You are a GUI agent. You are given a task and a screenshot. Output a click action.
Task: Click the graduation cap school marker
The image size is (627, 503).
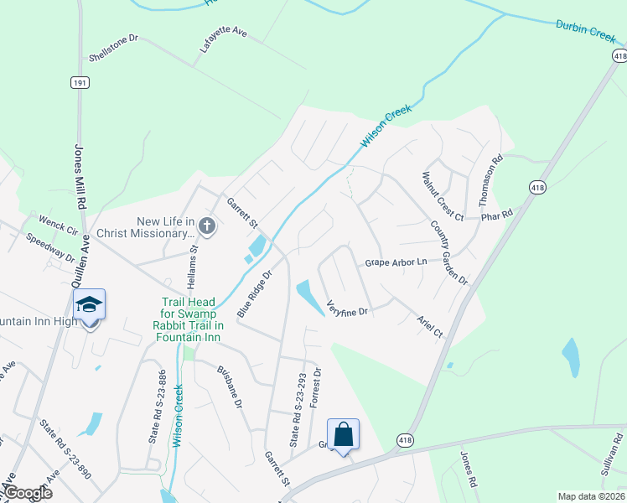point(90,305)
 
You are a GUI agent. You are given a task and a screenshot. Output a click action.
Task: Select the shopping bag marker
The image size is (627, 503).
point(343,434)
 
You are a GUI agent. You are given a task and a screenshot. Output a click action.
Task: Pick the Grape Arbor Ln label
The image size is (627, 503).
point(396,262)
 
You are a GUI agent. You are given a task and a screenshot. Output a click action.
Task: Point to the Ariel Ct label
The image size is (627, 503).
point(429,326)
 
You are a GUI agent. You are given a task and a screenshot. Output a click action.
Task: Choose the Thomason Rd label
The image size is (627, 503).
point(490,181)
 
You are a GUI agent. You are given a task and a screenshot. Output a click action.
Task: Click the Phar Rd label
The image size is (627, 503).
point(495,215)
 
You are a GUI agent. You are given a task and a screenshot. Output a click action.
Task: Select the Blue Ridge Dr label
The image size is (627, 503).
point(255,293)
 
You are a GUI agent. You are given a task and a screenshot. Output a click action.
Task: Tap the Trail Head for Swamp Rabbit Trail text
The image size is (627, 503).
point(193,319)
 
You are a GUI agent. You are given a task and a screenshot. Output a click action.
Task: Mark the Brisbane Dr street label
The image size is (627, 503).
point(230,386)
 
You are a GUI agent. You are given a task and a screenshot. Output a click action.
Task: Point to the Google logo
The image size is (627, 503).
point(27,493)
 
